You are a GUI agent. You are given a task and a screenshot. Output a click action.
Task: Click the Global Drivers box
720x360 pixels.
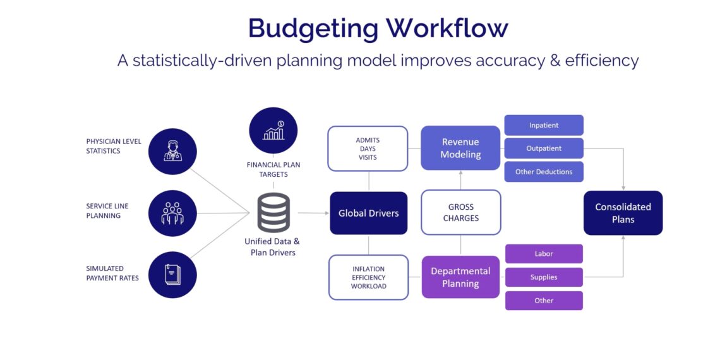tap(368, 213)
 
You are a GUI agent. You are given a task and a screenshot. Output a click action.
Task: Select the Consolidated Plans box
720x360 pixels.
tap(623, 213)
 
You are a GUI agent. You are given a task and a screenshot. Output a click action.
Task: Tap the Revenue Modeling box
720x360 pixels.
tap(460, 148)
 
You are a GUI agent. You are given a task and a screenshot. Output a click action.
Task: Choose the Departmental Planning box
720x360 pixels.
tap(460, 277)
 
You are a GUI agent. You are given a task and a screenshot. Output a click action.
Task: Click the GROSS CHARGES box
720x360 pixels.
tap(460, 212)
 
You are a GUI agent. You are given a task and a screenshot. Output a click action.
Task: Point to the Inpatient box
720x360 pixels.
tap(544, 125)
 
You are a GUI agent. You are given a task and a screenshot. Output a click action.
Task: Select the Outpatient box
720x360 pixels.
tap(544, 148)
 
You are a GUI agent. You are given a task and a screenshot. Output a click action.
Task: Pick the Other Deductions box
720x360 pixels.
tap(544, 172)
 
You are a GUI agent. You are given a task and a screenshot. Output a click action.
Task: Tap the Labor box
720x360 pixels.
tap(544, 254)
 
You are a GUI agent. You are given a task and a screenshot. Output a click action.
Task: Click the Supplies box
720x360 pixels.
tap(544, 277)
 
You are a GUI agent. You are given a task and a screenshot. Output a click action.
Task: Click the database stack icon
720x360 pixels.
tap(273, 212)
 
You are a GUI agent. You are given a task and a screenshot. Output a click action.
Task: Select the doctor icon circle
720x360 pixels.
tap(172, 152)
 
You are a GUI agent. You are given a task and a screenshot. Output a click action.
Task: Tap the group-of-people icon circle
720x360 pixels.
tap(172, 213)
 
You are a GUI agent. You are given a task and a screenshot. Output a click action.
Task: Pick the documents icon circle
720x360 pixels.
tap(172, 275)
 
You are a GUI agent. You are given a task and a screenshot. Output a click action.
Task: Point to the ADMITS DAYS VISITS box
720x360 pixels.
tap(368, 148)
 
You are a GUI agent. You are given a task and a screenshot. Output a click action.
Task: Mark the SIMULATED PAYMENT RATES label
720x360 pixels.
tap(112, 273)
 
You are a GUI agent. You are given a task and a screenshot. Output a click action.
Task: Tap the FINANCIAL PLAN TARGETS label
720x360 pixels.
tap(273, 169)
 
